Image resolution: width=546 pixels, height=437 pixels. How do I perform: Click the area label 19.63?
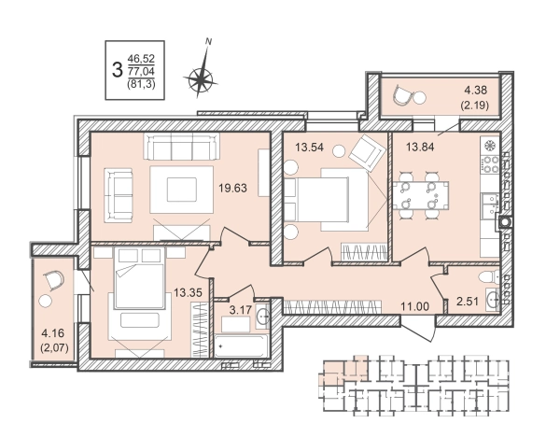click(x=232, y=189)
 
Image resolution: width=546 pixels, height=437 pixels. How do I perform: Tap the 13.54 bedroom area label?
click(x=309, y=147)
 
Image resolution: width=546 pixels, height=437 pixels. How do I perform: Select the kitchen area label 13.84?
click(x=420, y=147)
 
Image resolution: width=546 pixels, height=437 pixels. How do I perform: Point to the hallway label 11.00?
click(x=414, y=306)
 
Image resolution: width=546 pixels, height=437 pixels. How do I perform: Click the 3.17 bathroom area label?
click(x=241, y=309)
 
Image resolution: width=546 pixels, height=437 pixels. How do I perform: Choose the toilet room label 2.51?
click(x=468, y=302)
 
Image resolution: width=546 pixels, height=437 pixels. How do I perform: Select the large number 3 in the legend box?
click(x=118, y=70)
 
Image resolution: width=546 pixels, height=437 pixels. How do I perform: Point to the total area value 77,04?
click(x=141, y=72)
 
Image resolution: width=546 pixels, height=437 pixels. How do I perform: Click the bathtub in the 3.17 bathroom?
click(x=241, y=345)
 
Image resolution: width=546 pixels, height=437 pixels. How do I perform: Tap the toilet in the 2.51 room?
click(x=488, y=277)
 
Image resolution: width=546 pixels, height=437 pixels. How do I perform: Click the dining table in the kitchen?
click(x=421, y=195)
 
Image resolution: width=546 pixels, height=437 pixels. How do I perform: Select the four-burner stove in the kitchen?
click(x=490, y=164)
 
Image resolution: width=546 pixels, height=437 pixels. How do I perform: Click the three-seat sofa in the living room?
click(x=182, y=147)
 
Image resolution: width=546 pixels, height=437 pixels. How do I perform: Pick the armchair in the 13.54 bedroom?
click(x=368, y=152)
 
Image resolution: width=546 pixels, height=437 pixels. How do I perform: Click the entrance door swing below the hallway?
click(x=418, y=329)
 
